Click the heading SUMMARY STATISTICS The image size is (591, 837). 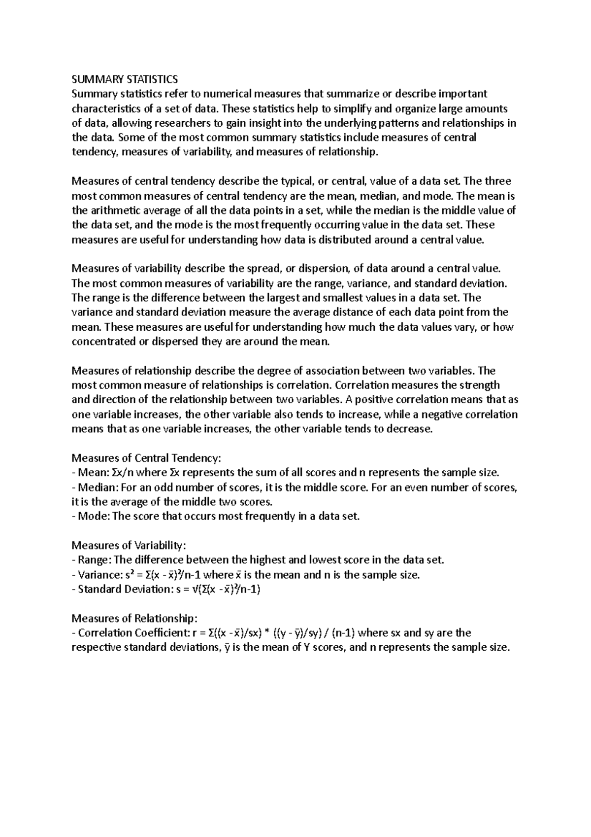[x=125, y=79]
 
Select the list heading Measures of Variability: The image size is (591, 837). [x=129, y=545]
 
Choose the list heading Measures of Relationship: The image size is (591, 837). [x=134, y=618]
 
